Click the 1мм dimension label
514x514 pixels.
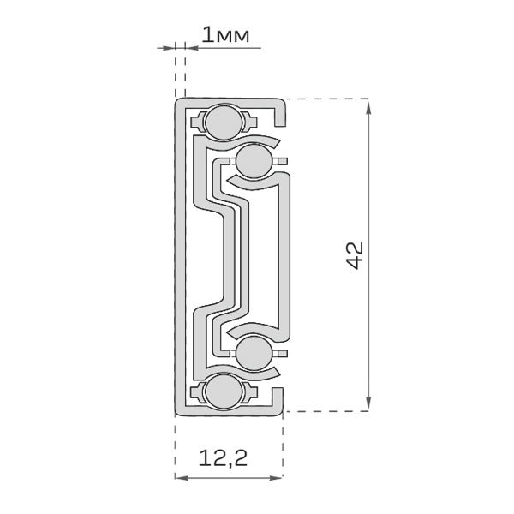(225, 35)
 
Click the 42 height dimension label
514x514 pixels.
(355, 255)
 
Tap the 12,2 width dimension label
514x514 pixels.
(224, 458)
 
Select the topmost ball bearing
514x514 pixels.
(224, 123)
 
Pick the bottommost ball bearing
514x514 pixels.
(224, 391)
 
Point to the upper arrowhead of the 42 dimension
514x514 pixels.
(368, 108)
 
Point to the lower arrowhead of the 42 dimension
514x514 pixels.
(368, 403)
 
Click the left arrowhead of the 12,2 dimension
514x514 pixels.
(181, 478)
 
